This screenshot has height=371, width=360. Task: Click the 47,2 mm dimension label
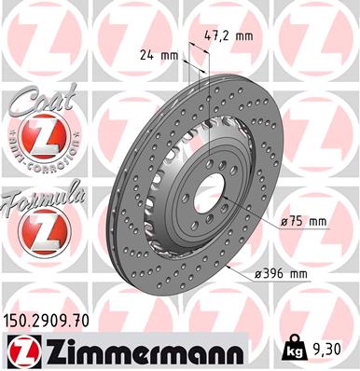tap(228, 35)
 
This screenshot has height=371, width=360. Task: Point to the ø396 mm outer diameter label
tap(281, 273)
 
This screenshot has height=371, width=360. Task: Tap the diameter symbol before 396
tap(257, 273)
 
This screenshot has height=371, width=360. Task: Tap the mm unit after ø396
tap(299, 273)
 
